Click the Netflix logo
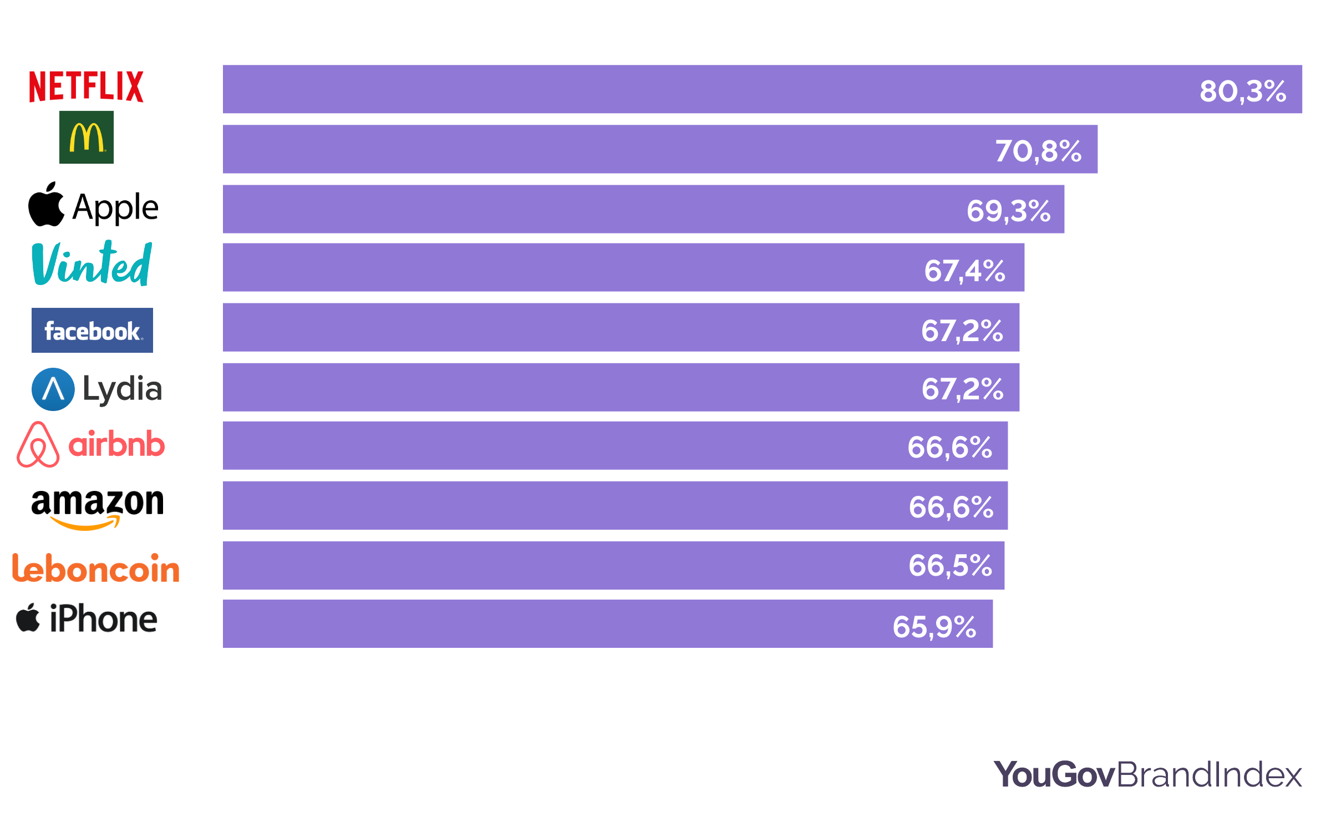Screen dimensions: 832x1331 pos(86,87)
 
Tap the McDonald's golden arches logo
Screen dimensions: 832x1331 pos(87,138)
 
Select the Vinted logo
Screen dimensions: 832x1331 pos(92,264)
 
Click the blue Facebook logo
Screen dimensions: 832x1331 pos(92,331)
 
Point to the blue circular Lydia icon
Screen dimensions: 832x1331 pos(53,389)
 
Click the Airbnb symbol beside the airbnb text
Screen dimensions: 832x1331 pos(38,445)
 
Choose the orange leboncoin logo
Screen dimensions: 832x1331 pos(96,569)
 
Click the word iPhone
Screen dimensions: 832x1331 pos(104,619)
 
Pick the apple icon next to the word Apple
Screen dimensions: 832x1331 pos(47,205)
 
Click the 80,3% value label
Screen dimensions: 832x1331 pos(1243,91)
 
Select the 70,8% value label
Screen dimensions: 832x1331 pos(1038,151)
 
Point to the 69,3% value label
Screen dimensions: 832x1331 pos(1009,211)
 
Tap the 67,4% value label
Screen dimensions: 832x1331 pos(965,271)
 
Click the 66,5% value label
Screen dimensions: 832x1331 pos(951,566)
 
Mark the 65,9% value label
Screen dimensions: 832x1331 pos(934,627)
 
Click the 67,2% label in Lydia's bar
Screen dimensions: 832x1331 pos(963,388)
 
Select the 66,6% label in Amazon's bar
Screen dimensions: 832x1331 pos(951,507)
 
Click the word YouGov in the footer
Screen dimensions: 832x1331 pos(1054,774)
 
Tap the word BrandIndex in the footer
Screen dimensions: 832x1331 pos(1209,774)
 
